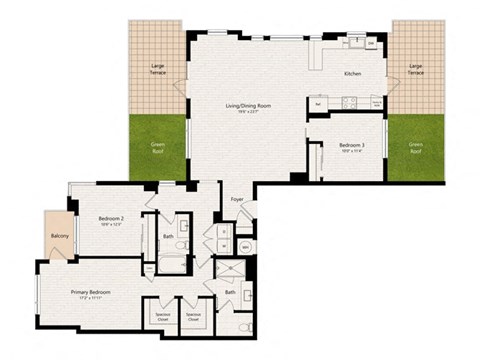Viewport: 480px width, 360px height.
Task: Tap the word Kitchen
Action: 352,74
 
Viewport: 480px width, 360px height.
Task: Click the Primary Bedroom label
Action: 90,292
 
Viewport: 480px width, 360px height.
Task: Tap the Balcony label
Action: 58,236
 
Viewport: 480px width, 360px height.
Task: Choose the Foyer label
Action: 237,199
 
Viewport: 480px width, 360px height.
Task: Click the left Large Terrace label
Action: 159,69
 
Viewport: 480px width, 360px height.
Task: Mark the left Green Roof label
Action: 159,147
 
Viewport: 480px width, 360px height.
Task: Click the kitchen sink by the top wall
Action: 355,42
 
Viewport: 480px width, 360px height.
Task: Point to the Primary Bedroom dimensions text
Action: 90,299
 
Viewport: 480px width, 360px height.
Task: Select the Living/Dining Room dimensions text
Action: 249,111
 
